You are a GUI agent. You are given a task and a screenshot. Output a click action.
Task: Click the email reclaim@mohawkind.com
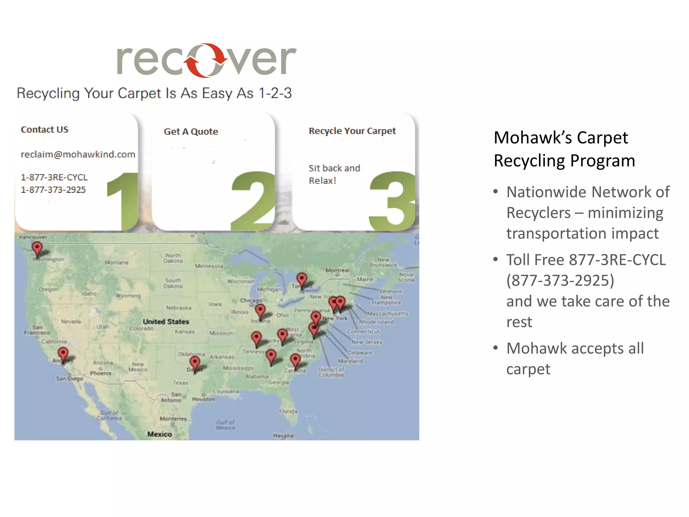[x=78, y=154]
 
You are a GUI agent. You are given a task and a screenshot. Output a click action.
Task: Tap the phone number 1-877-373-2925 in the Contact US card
[x=53, y=190]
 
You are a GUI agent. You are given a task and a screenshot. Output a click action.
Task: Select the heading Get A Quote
[x=191, y=132]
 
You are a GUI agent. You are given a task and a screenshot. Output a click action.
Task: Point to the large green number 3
[x=392, y=201]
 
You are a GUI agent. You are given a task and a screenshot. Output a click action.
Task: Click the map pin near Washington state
[x=37, y=249]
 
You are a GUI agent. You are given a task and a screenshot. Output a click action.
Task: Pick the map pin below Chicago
[x=260, y=310]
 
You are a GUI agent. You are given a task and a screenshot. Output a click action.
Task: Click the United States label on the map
[x=166, y=322]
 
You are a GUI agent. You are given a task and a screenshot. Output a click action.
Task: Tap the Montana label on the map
[x=116, y=263]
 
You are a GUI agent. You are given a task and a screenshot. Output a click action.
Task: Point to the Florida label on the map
[x=288, y=411]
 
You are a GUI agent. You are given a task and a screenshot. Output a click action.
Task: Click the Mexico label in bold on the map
[x=159, y=435]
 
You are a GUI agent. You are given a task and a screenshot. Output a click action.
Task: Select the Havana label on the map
[x=283, y=436]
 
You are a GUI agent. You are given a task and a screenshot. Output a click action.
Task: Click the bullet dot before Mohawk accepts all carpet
[x=496, y=348]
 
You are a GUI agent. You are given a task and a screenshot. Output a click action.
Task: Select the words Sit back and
[x=334, y=168]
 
